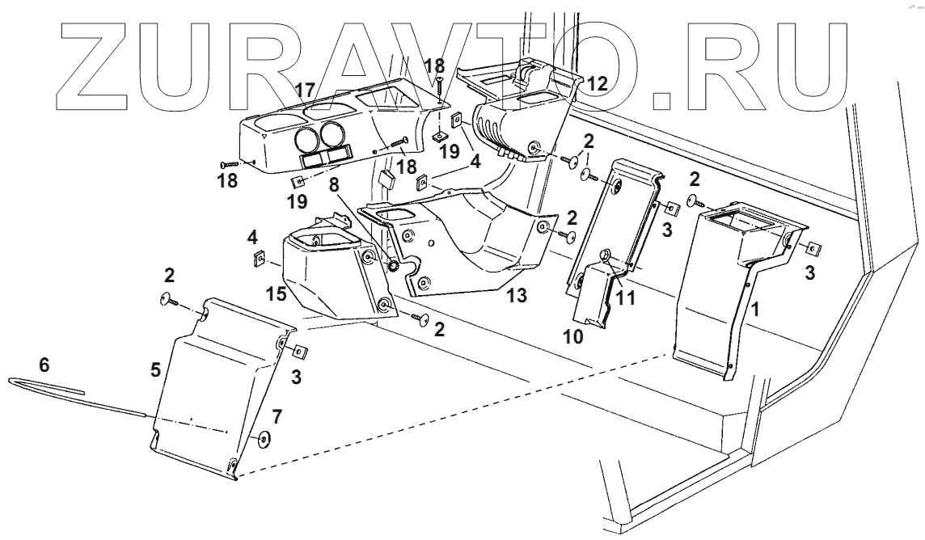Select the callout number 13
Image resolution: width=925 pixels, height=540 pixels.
click(x=517, y=296)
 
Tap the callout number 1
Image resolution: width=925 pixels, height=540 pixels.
click(x=755, y=308)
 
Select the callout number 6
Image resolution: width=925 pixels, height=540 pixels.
click(x=44, y=365)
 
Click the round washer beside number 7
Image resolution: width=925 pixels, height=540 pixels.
click(x=264, y=441)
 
